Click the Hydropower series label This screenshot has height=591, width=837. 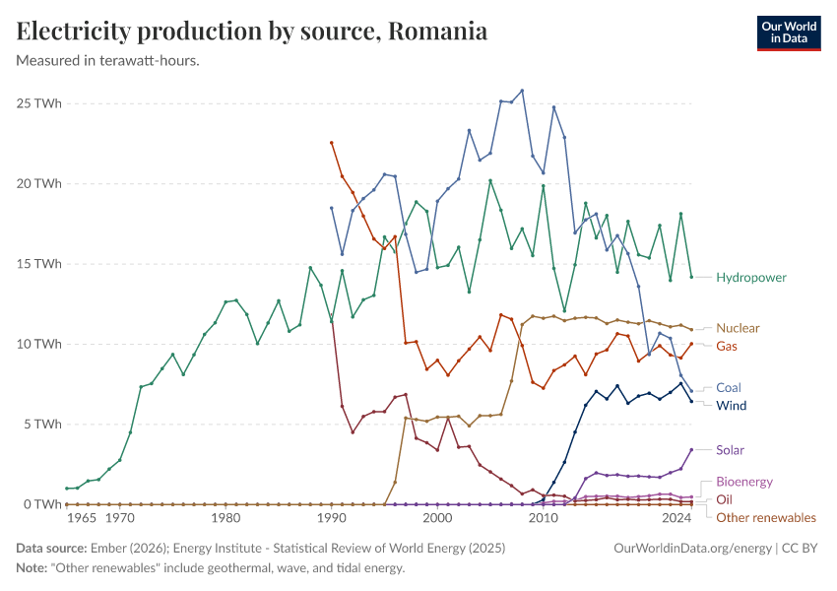[751, 278]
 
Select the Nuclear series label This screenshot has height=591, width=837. [738, 328]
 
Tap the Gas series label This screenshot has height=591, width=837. [727, 347]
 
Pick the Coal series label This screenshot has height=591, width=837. [729, 388]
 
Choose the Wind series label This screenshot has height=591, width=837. [731, 406]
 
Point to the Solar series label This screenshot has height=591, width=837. [730, 450]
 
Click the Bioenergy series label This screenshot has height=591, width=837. [743, 482]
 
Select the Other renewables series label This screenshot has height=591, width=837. [765, 517]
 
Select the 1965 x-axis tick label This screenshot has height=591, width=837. [82, 518]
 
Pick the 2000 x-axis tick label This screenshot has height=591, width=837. [436, 518]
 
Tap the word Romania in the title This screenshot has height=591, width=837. [437, 32]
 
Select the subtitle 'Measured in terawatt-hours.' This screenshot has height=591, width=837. [108, 60]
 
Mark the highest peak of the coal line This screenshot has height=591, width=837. [522, 91]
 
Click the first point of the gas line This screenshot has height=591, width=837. [332, 143]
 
